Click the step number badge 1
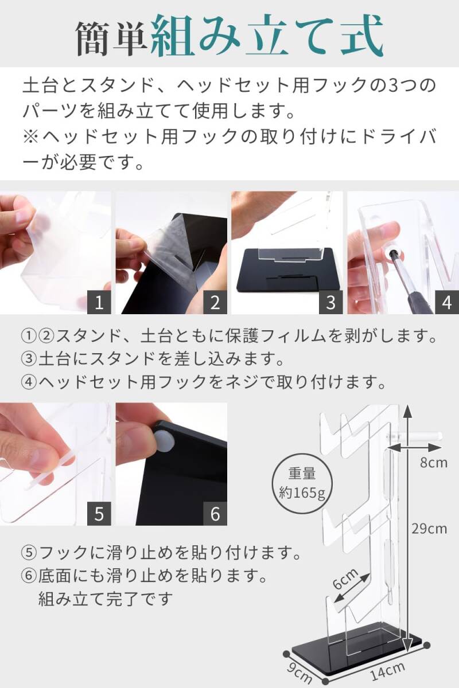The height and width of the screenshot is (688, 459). tap(99, 302)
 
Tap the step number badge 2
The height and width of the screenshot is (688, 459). tap(215, 302)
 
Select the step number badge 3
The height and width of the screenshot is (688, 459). tap(331, 302)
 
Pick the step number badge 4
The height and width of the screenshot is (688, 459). tap(447, 302)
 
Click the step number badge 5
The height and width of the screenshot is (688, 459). tap(99, 514)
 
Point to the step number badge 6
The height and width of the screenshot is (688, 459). tap(215, 514)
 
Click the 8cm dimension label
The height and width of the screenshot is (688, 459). tap(434, 463)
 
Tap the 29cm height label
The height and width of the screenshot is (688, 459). tap(429, 529)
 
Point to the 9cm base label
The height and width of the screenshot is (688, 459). tap(298, 673)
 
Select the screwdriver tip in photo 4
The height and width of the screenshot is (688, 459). tap(391, 251)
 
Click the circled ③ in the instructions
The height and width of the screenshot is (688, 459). tap(29, 359)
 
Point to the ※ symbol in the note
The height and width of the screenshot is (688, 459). tap(30, 136)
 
